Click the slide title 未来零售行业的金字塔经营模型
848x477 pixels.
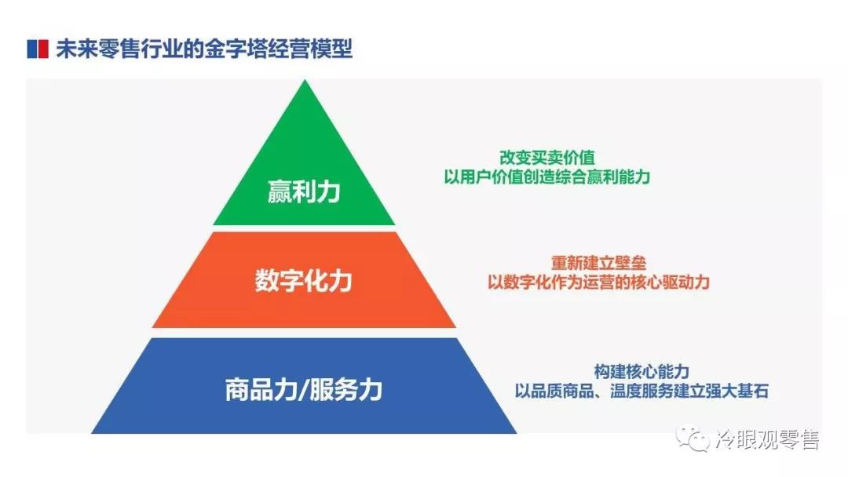(204, 49)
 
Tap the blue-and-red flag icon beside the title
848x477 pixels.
(38, 49)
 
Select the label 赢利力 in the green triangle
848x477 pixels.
(304, 191)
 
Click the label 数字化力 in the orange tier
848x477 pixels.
(303, 280)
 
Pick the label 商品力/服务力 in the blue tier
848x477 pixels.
(303, 389)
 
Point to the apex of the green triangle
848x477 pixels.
(305, 80)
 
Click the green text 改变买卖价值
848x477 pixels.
(546, 158)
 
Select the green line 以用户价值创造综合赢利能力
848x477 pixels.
(546, 177)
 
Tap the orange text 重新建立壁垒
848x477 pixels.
(598, 263)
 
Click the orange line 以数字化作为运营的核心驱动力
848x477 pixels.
(598, 282)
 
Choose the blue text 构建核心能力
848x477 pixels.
(641, 372)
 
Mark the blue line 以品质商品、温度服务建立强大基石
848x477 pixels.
(641, 391)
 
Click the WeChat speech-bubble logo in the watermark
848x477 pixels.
(693, 438)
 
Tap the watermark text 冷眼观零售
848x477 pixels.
(767, 439)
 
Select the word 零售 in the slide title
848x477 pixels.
(120, 49)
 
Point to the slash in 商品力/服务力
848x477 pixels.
(303, 390)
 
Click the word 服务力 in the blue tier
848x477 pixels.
(346, 389)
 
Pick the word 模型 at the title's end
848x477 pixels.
(332, 49)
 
